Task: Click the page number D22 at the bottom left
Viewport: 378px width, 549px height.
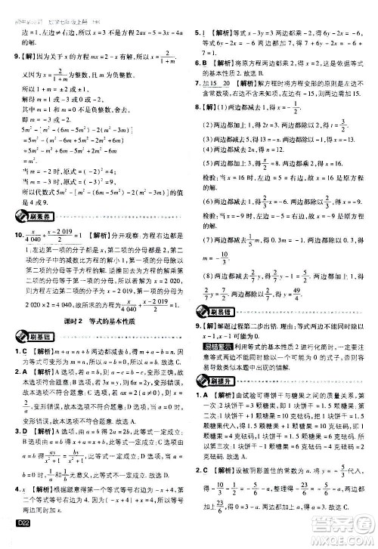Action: tap(14, 538)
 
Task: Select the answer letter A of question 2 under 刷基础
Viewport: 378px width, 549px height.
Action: tap(24, 372)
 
